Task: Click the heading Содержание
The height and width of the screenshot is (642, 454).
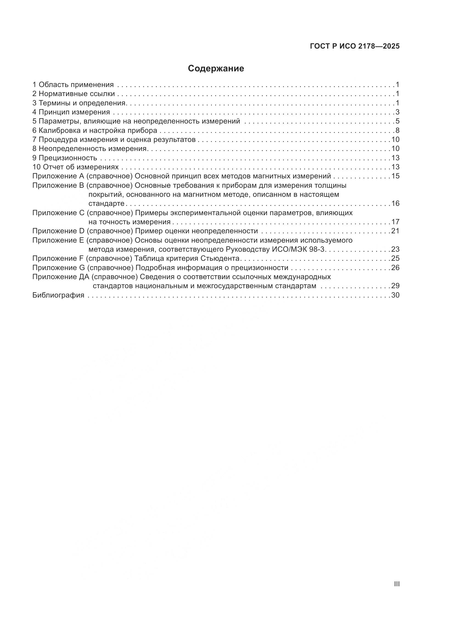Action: (216, 69)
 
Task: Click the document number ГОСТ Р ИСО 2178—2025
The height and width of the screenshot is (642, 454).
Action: (355, 46)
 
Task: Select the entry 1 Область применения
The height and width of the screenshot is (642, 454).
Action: (73, 85)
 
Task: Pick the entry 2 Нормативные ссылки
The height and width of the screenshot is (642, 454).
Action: (74, 94)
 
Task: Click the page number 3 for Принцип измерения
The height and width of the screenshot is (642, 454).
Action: (397, 112)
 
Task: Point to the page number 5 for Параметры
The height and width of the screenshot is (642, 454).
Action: (397, 121)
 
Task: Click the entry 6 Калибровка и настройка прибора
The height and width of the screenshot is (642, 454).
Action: (95, 131)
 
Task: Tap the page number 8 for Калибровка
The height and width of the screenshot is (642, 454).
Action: (397, 131)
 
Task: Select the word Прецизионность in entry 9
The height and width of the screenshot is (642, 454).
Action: (68, 158)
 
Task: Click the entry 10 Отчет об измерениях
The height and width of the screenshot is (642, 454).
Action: (75, 167)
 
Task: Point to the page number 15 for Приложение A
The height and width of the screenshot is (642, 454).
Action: (395, 176)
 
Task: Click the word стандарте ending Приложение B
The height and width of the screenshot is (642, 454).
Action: (106, 204)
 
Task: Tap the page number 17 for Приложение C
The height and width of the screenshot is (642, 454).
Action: (395, 222)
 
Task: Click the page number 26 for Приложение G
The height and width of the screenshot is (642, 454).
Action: (395, 268)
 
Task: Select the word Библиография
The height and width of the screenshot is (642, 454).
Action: (58, 295)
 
